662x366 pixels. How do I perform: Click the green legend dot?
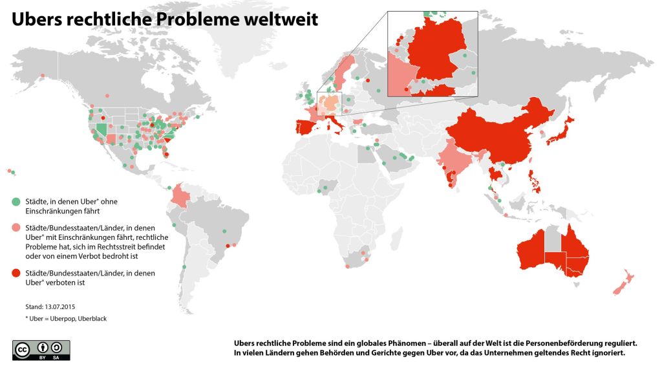pos(16,201)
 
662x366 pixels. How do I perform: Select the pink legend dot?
pos(16,228)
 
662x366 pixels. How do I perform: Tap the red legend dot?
pos(16,273)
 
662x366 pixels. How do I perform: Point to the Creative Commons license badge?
pos(41,349)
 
